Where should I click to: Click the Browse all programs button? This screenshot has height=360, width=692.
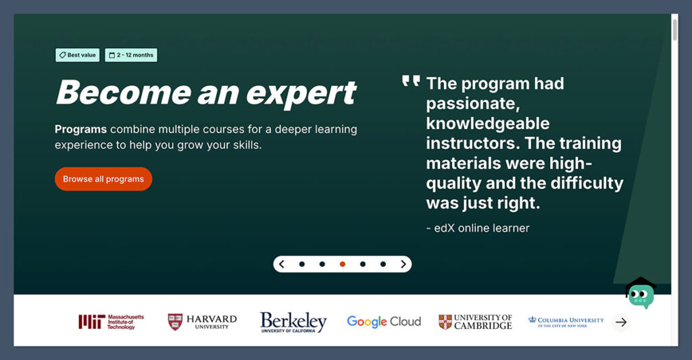coord(103,179)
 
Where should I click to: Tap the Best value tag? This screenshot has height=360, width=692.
coord(78,55)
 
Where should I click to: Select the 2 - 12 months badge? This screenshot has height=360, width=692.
coord(131,55)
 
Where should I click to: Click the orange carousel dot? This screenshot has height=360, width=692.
coord(343,264)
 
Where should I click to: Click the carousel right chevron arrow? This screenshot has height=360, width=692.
coord(403,264)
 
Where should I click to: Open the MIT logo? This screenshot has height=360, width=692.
coord(111,322)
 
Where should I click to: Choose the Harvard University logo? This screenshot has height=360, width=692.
coord(202,322)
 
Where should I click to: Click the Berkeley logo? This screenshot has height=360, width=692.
coord(293,322)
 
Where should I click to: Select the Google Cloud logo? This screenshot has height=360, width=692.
coord(384,322)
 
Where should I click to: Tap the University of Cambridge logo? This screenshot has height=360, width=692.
coord(475,322)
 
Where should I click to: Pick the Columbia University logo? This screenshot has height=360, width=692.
coord(566,321)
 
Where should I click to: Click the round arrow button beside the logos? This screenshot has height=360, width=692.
coord(621,322)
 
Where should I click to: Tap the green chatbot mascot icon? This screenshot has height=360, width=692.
coord(641,293)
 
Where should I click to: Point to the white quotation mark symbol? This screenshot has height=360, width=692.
coord(410,82)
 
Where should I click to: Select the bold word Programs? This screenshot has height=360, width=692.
coord(80,129)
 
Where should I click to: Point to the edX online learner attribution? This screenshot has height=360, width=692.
coord(478,228)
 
